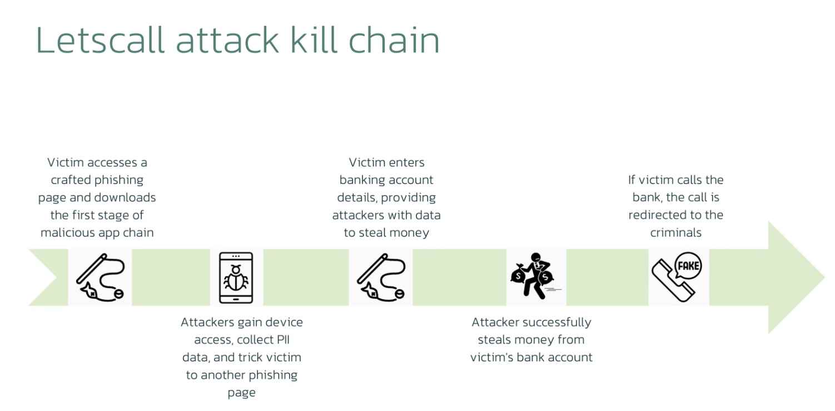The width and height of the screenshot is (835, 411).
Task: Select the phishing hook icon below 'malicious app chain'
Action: click(100, 277)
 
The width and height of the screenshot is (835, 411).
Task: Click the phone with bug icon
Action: click(236, 278)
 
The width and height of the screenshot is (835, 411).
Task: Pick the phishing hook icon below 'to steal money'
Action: click(381, 277)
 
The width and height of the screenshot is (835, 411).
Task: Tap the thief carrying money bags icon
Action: click(535, 276)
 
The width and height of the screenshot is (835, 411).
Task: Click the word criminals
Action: click(675, 232)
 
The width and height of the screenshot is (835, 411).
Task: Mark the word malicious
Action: click(65, 232)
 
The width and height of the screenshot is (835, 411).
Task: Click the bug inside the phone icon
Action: click(236, 276)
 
